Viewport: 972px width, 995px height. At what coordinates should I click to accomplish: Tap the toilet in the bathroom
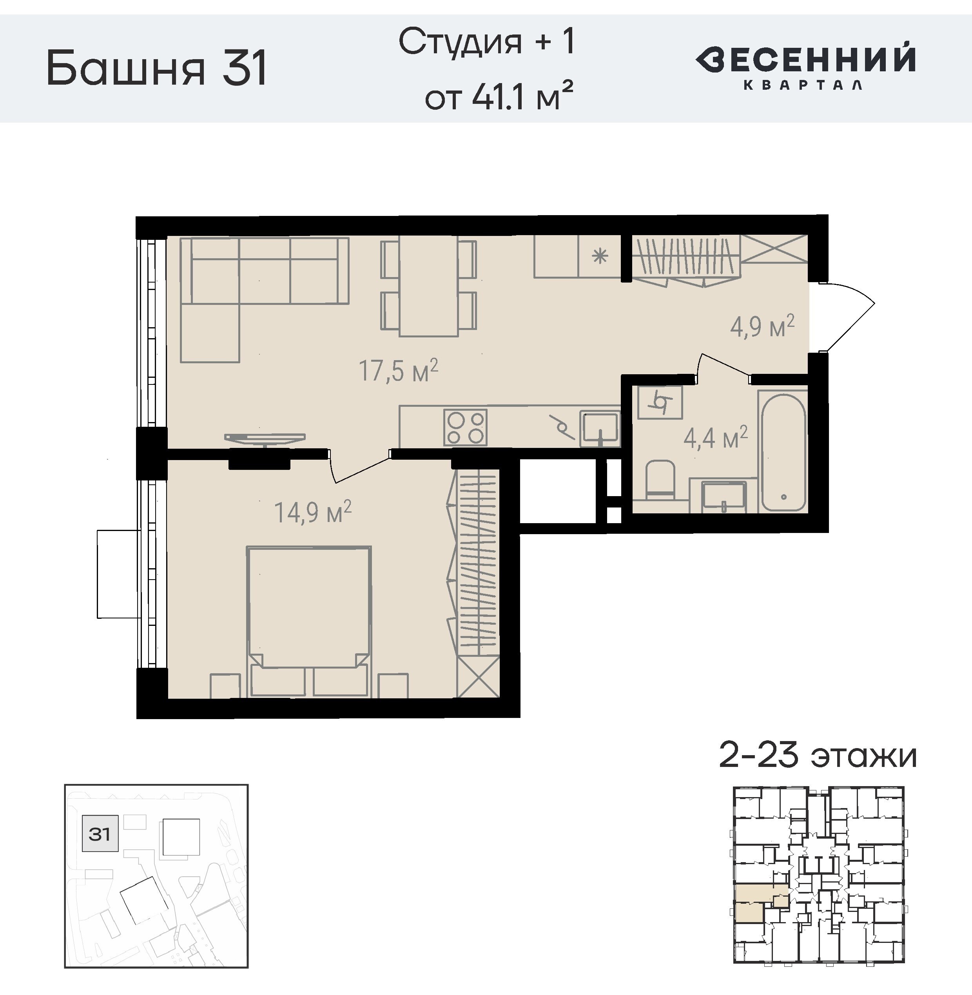point(660,479)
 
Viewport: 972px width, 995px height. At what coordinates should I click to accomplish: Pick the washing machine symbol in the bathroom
point(660,402)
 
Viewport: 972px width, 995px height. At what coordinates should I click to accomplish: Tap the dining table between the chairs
point(428,286)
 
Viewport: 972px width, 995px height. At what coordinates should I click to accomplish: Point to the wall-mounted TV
point(265,439)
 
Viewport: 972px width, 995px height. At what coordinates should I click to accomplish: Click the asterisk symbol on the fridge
point(600,256)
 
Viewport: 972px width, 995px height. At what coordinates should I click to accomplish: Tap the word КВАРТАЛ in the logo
point(803,85)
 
